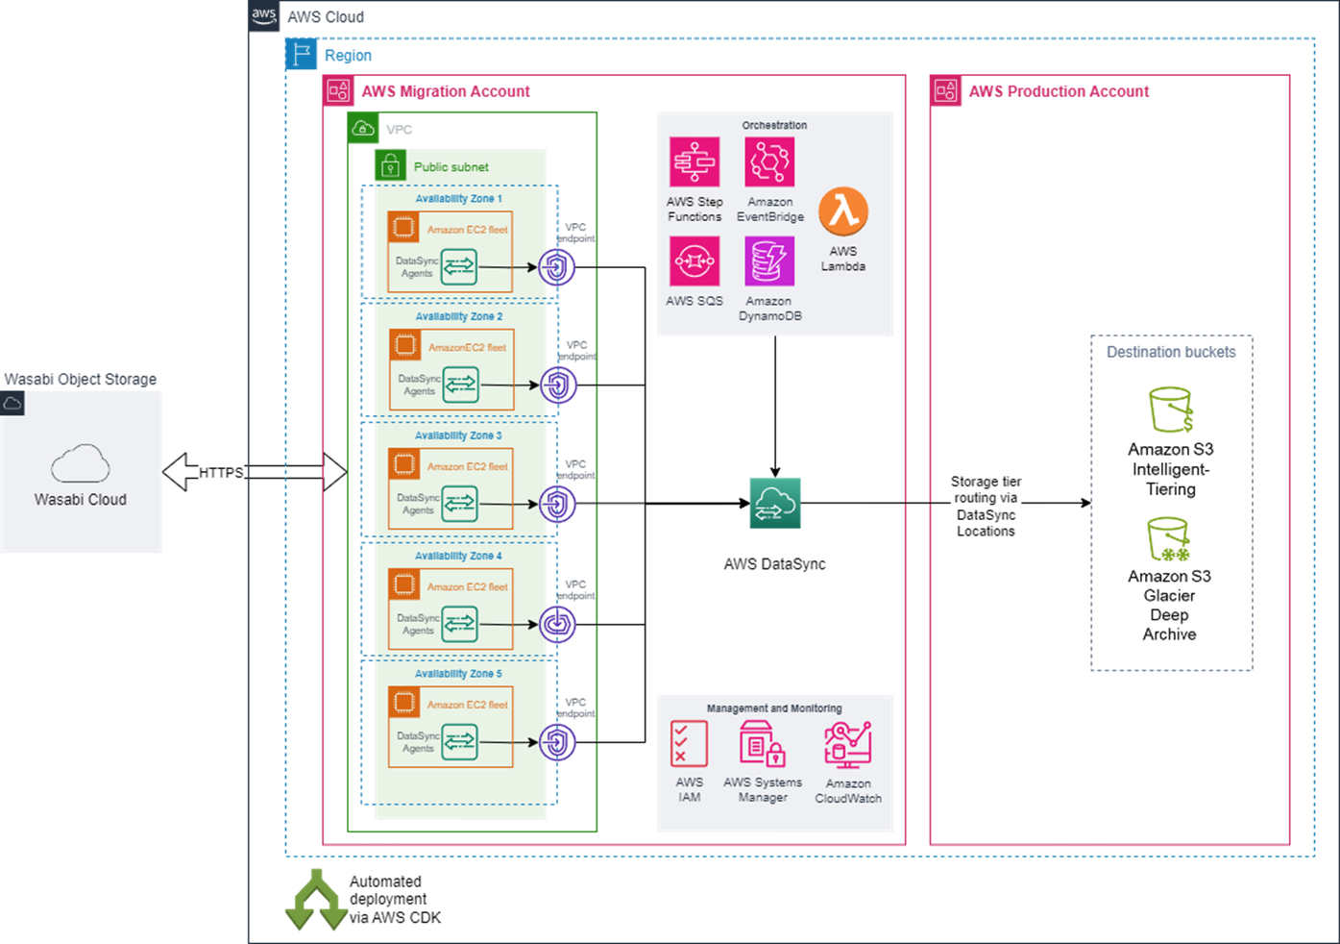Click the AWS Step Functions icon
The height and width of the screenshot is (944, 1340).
(694, 161)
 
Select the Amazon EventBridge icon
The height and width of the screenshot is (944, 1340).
(769, 161)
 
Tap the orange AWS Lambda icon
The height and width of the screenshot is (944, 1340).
(843, 211)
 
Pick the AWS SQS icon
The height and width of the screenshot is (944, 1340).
(694, 261)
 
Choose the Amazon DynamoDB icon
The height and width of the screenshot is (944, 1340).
(769, 261)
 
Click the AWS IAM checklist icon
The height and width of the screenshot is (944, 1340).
(689, 744)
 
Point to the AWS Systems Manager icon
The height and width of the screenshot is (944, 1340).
(763, 744)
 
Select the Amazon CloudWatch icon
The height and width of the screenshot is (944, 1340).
(847, 744)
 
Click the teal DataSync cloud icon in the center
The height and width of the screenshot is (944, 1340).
(774, 503)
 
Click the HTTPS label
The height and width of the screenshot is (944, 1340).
(221, 472)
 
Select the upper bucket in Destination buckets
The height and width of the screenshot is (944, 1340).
(1171, 410)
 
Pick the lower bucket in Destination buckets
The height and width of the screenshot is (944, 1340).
(1169, 539)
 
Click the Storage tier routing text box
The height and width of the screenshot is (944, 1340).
(986, 506)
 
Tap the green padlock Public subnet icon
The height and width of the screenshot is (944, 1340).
(390, 165)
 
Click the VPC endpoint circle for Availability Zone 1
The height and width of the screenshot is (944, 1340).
(557, 267)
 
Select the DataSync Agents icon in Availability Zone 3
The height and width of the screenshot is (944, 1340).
(459, 505)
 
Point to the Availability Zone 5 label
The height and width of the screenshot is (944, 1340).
(458, 674)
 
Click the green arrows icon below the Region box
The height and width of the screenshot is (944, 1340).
(316, 901)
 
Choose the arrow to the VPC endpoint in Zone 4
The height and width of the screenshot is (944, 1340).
(508, 625)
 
